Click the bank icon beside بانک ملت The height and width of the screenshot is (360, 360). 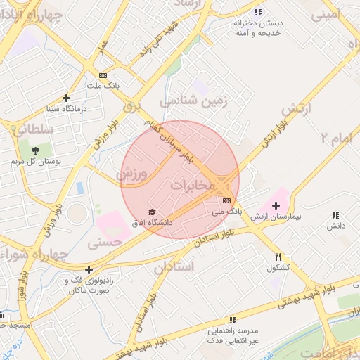point(103,75)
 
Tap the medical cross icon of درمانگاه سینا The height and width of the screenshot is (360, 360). point(67,98)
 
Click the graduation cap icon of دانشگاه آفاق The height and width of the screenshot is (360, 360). point(150,212)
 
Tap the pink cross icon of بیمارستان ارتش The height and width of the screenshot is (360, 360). point(275,205)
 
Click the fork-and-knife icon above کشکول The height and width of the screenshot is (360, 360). point(279,257)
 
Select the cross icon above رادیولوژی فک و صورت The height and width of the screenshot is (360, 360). point(89,269)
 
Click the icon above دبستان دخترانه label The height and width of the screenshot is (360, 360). point(259,12)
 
